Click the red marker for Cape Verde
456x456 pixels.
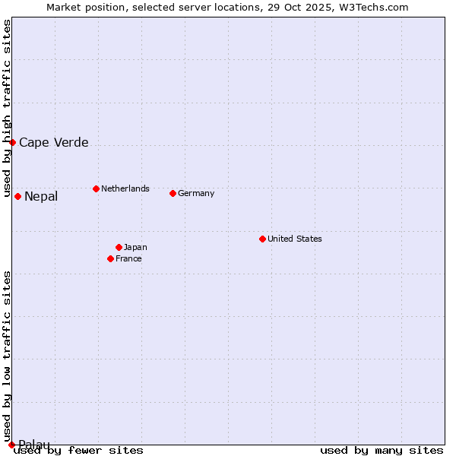(x=12, y=142)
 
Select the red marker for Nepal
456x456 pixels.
(x=17, y=197)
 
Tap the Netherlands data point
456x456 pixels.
(x=96, y=188)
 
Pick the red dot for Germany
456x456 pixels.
(x=173, y=193)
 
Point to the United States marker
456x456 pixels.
(x=262, y=239)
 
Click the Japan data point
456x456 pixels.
(x=119, y=247)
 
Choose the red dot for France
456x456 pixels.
(x=110, y=258)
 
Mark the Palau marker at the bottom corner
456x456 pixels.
(x=11, y=445)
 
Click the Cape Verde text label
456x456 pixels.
(x=54, y=142)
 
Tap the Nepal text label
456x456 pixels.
(x=41, y=197)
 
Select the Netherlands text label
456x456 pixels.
(x=125, y=188)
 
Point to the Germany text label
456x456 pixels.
(x=196, y=193)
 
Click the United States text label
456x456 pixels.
(x=295, y=239)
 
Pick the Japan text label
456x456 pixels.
(x=135, y=247)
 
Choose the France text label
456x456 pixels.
(x=128, y=258)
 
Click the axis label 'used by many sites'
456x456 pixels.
(x=382, y=450)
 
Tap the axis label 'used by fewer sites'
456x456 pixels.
(x=79, y=450)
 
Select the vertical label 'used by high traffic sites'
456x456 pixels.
(x=7, y=109)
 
